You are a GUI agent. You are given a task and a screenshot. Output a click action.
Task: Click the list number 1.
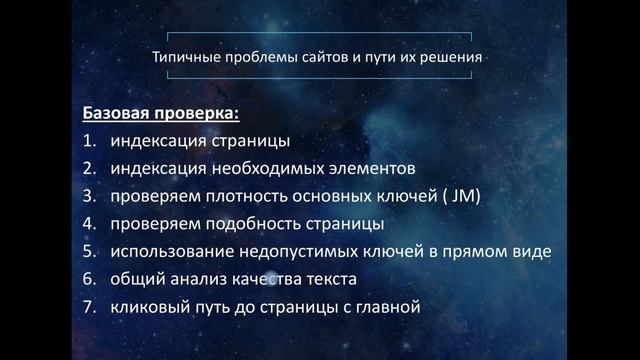coord(89,141)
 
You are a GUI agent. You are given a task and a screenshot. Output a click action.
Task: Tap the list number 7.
coord(89,307)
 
